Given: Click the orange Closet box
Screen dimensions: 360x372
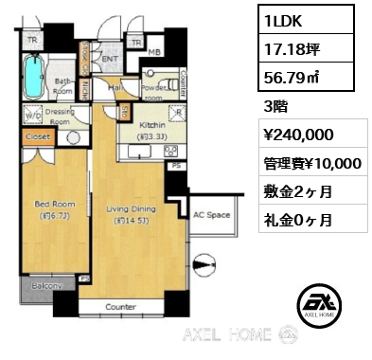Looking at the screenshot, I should point(37,136).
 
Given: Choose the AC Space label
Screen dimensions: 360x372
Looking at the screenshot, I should point(212,215).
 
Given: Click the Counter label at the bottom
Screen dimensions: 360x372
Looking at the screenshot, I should point(121,307).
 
